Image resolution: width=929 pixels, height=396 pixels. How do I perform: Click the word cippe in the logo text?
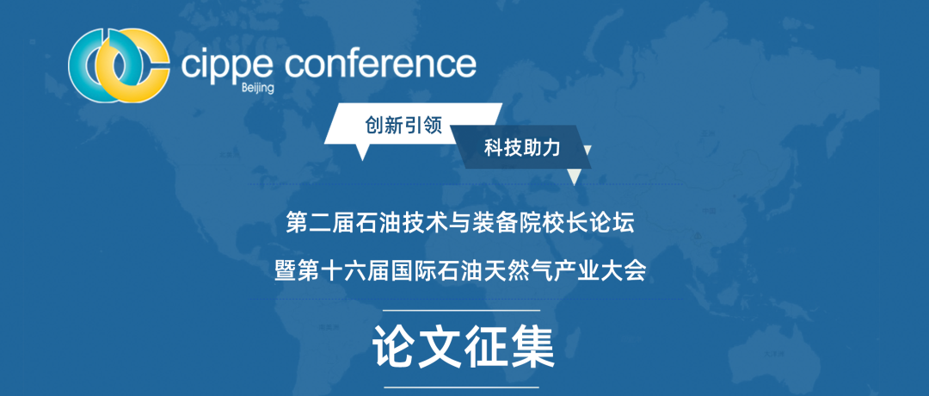tap(226, 65)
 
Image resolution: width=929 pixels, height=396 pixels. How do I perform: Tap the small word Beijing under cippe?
tap(258, 89)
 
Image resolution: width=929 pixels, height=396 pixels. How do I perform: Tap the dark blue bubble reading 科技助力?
tap(521, 147)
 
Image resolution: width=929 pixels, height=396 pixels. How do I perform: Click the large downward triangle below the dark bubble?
tap(574, 177)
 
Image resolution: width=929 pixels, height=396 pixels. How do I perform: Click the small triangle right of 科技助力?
tap(588, 151)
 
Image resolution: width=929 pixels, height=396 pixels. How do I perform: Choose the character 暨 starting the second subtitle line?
tap(286, 271)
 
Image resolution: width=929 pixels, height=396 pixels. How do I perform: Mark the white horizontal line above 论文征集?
tap(462, 310)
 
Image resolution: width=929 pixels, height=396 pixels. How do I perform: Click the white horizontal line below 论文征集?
tap(462, 387)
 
